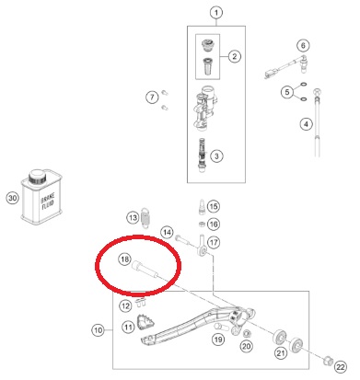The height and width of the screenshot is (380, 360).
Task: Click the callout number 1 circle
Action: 216,13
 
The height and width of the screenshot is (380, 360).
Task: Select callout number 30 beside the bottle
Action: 12,198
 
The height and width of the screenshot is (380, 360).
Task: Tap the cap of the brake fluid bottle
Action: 37,177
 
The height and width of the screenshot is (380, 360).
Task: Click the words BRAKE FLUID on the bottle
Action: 48,202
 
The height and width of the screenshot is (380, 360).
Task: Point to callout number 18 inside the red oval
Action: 124,259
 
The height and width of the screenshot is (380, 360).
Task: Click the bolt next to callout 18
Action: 145,270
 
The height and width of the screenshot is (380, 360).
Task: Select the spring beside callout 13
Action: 145,217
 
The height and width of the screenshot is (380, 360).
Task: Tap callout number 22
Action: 341,367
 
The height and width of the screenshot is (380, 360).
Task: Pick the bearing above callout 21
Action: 280,338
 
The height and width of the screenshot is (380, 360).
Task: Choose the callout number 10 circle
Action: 98,330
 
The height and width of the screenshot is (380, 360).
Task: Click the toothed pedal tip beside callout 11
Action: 145,321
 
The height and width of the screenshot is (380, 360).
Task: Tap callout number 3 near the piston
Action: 216,155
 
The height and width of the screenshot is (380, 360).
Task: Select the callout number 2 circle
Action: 235,56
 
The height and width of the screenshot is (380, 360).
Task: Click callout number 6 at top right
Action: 303,45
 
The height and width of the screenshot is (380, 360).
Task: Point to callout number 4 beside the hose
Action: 306,124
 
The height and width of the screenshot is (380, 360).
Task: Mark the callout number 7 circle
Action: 152,98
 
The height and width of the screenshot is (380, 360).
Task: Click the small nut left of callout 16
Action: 202,224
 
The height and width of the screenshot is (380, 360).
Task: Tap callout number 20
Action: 246,346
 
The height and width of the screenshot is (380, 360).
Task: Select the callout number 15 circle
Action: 214,206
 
